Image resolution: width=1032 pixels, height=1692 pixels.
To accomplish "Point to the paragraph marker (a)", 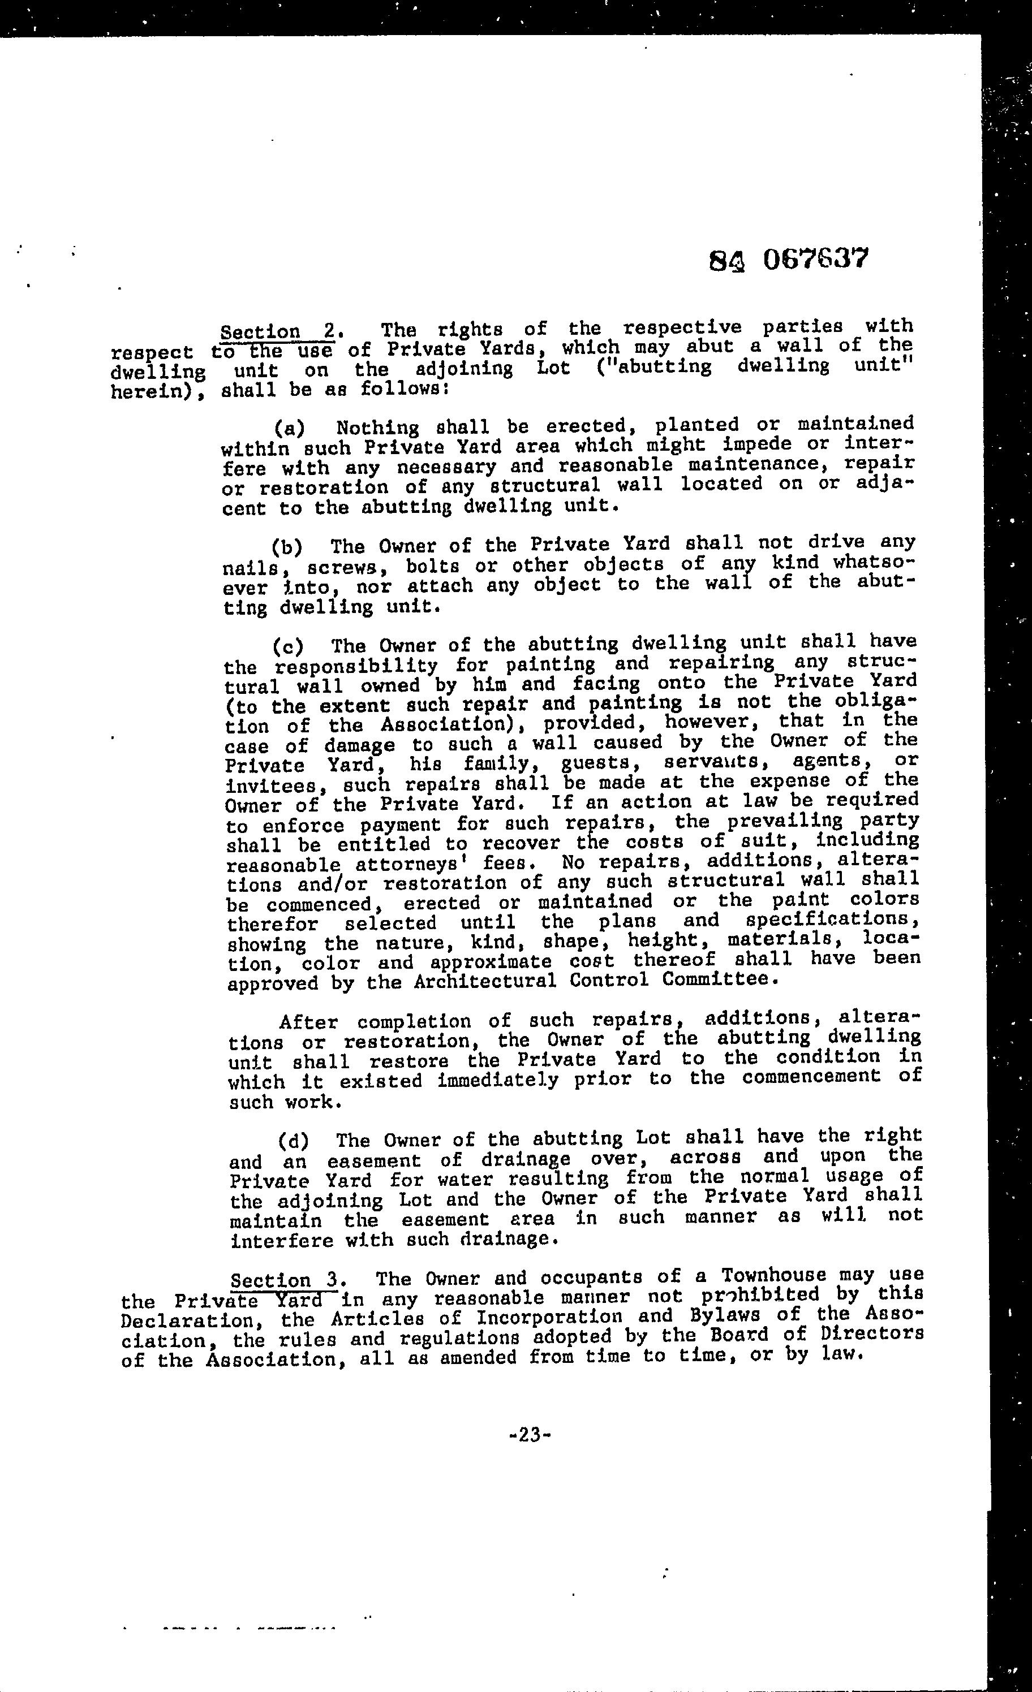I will tap(289, 429).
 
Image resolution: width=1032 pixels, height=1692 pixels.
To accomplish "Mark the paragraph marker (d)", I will tap(294, 1141).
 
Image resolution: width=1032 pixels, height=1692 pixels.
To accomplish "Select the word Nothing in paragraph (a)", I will tap(377, 428).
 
